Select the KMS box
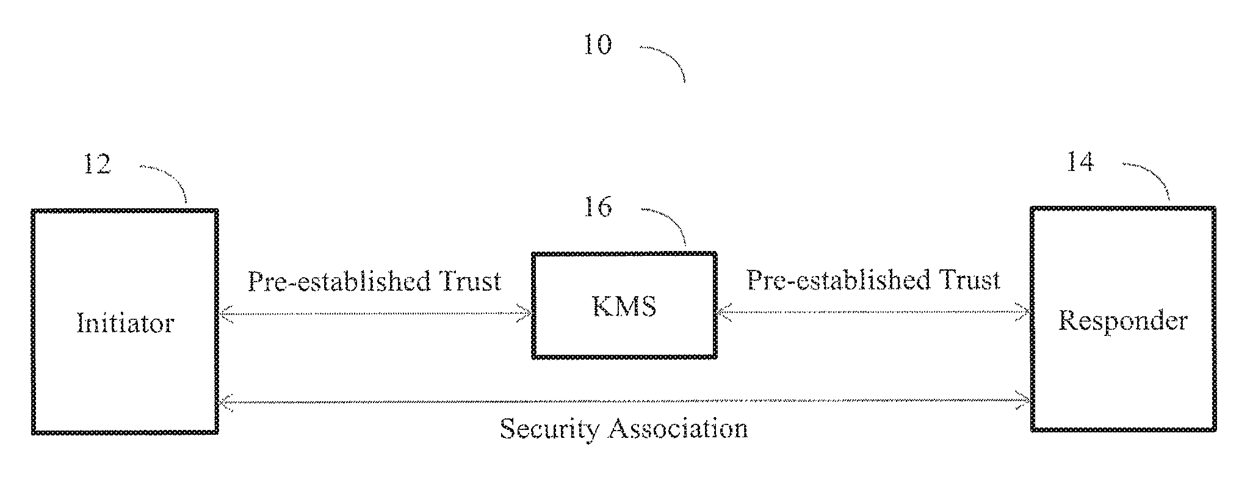tap(624, 336)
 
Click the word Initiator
tap(126, 323)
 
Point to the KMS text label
tap(624, 305)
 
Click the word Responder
tap(1123, 321)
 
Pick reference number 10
tap(597, 45)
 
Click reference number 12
tap(97, 164)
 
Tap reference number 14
tap(1080, 162)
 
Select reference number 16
tap(598, 207)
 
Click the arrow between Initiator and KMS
tap(375, 315)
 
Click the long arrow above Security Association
tap(624, 402)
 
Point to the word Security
tap(549, 429)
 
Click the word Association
tap(677, 429)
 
